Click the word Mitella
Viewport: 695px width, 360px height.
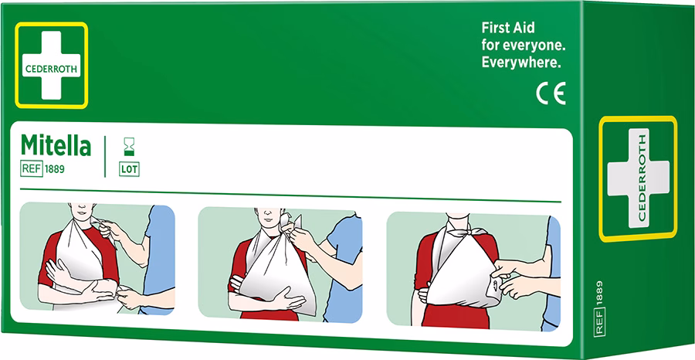point(56,146)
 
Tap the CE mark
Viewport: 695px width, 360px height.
point(551,94)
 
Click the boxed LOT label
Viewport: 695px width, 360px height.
point(129,170)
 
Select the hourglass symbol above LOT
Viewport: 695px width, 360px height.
point(129,146)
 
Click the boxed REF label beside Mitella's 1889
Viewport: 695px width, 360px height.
point(32,169)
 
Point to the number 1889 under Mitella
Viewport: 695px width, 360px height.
point(55,169)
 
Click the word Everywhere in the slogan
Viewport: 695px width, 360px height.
point(521,63)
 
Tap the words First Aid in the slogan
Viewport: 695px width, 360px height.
point(508,28)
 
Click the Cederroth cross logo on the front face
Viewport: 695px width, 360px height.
point(52,65)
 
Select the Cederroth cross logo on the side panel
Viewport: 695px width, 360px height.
point(639,178)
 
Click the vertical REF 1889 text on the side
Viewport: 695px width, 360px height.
point(599,307)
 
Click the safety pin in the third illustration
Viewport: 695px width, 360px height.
point(493,289)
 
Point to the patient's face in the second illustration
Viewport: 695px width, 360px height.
point(267,216)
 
